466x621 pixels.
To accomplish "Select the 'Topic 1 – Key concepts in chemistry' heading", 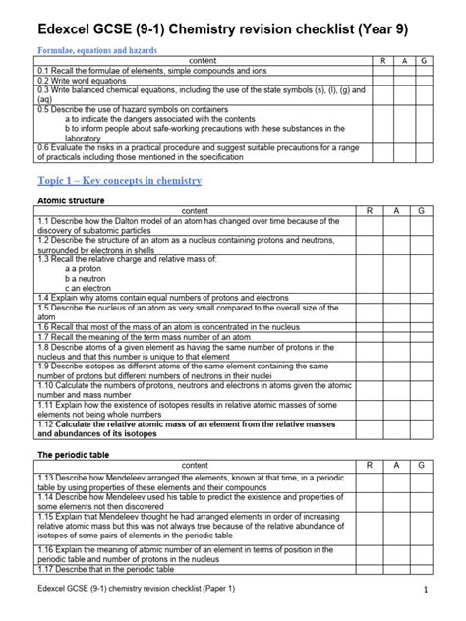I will click(119, 181).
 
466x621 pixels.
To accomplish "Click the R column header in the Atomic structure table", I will click(369, 211).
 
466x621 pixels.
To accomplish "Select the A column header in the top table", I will click(404, 61).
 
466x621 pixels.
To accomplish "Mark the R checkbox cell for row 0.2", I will click(382, 81).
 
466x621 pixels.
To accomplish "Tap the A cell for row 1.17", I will click(395, 570).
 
